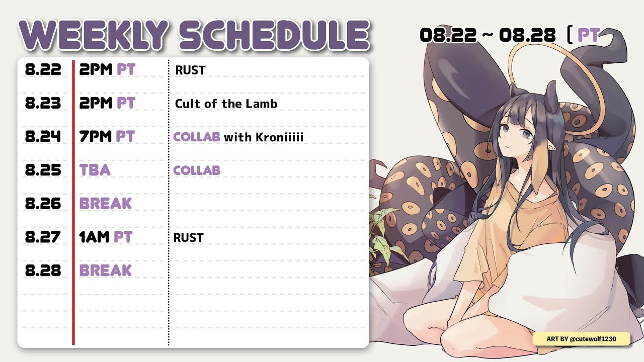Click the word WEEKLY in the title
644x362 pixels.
[94, 35]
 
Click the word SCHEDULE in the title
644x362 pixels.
[274, 35]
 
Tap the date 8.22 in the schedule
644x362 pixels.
[43, 69]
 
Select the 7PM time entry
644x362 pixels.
[95, 136]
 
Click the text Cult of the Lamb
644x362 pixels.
[226, 104]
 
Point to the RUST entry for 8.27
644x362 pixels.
[189, 238]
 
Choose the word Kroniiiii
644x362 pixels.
[279, 137]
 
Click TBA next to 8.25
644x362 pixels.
[95, 170]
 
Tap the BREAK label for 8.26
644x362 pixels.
[106, 204]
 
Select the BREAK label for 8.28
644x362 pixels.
[106, 270]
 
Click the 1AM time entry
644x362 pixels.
[94, 237]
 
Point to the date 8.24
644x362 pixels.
[43, 136]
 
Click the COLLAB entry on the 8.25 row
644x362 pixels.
[197, 170]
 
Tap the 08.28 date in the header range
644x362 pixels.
[527, 35]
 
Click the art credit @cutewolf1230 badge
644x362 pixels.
[581, 339]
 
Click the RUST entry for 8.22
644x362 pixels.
[190, 70]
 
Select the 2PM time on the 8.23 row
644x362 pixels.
[96, 103]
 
